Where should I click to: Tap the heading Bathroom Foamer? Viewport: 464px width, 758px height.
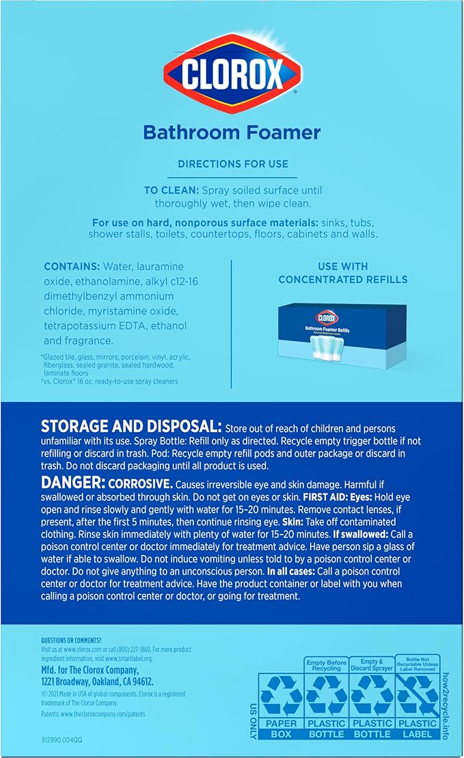click(x=232, y=132)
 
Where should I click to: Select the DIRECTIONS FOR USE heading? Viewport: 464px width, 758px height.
click(x=232, y=164)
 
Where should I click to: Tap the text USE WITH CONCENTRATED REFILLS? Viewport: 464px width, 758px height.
click(x=342, y=273)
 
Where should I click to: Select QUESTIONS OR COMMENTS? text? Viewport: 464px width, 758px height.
click(x=71, y=640)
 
